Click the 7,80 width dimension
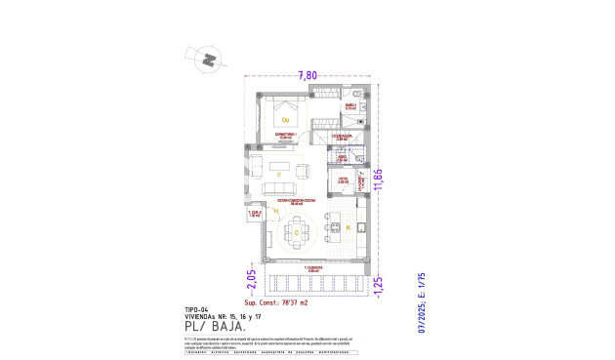[x=307, y=74]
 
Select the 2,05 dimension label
[x=251, y=282]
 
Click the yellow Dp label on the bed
[x=286, y=120]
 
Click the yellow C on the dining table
[x=296, y=234]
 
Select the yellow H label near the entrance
[x=276, y=211]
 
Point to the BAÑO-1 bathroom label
[x=350, y=106]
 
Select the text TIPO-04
[x=197, y=308]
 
